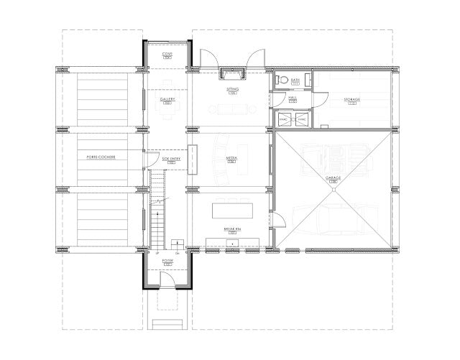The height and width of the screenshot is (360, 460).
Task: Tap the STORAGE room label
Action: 351,99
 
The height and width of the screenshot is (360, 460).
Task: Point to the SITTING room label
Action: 232,89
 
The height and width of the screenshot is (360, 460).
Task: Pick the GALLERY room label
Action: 167,99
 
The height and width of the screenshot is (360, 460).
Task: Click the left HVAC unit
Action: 282,119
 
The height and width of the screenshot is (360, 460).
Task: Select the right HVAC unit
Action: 302,119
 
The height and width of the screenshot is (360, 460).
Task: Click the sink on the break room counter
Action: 232,242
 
